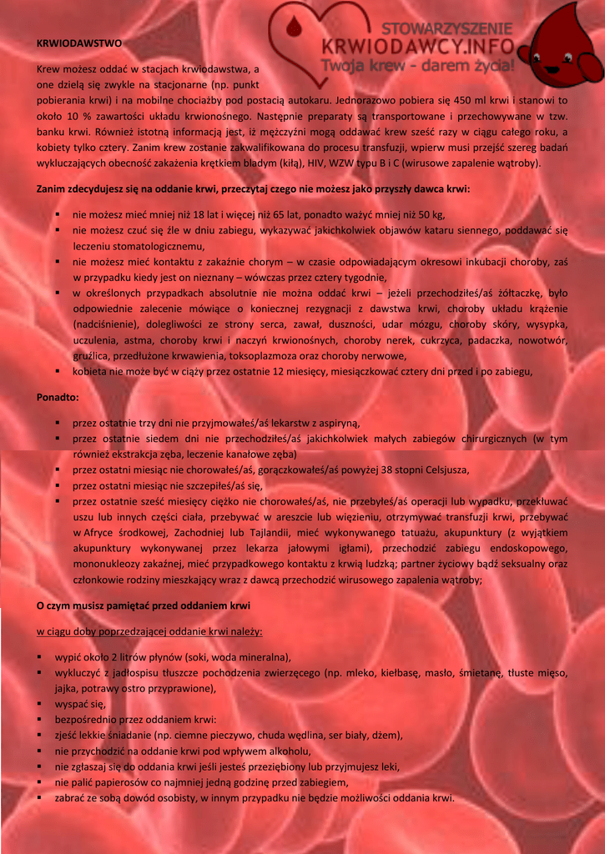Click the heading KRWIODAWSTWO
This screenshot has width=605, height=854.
click(78, 42)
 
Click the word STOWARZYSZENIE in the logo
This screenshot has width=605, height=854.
click(448, 29)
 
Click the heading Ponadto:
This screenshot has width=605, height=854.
click(58, 396)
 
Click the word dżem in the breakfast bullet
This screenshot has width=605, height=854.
click(389, 736)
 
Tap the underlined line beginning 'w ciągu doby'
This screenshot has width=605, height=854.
click(150, 630)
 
